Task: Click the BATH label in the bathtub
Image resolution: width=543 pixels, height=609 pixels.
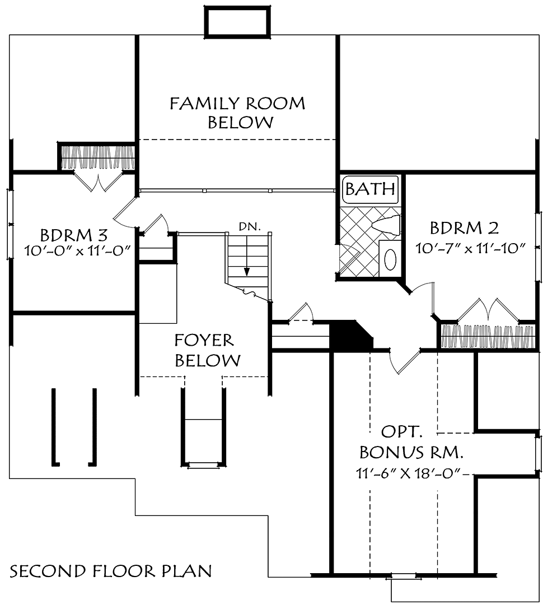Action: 370,189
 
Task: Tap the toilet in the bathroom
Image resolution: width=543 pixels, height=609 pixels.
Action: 386,225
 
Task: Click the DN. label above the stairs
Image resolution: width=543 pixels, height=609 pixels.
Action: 250,227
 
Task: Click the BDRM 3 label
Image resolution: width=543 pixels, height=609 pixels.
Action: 74,235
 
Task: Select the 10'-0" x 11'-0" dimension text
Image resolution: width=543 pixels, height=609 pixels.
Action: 77,251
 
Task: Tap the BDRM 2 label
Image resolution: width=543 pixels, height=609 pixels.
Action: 464,228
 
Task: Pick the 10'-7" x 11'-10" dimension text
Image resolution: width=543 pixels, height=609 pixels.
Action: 470,248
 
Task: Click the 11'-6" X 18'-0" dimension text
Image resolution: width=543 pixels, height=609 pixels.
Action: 409,473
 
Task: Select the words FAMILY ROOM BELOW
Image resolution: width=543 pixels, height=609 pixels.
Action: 237,113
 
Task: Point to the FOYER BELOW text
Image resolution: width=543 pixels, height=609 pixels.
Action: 208,350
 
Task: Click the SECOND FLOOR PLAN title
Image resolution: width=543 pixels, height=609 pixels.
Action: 111,571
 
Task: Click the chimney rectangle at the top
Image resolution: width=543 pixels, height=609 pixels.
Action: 237,22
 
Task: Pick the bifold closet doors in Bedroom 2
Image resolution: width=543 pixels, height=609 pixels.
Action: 489,311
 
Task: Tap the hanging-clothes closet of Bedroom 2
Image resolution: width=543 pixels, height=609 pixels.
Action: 489,336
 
